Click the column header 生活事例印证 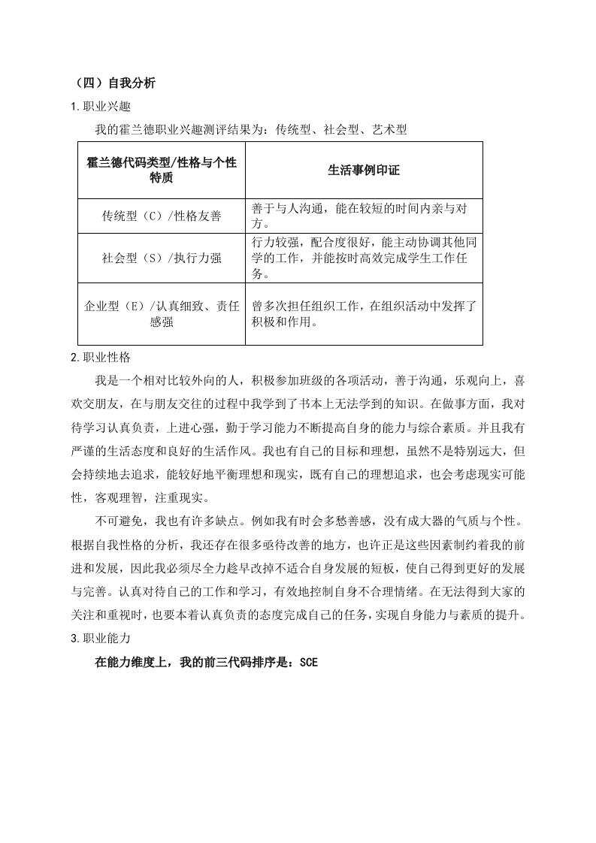coord(364,171)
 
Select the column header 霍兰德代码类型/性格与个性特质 coord(162,171)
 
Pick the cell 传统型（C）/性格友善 coord(162,216)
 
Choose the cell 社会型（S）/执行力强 coord(162,258)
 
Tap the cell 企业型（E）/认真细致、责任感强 coord(162,313)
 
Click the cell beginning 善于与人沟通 coord(364,216)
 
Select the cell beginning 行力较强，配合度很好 coord(364,258)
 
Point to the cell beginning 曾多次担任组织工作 coord(364,313)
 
